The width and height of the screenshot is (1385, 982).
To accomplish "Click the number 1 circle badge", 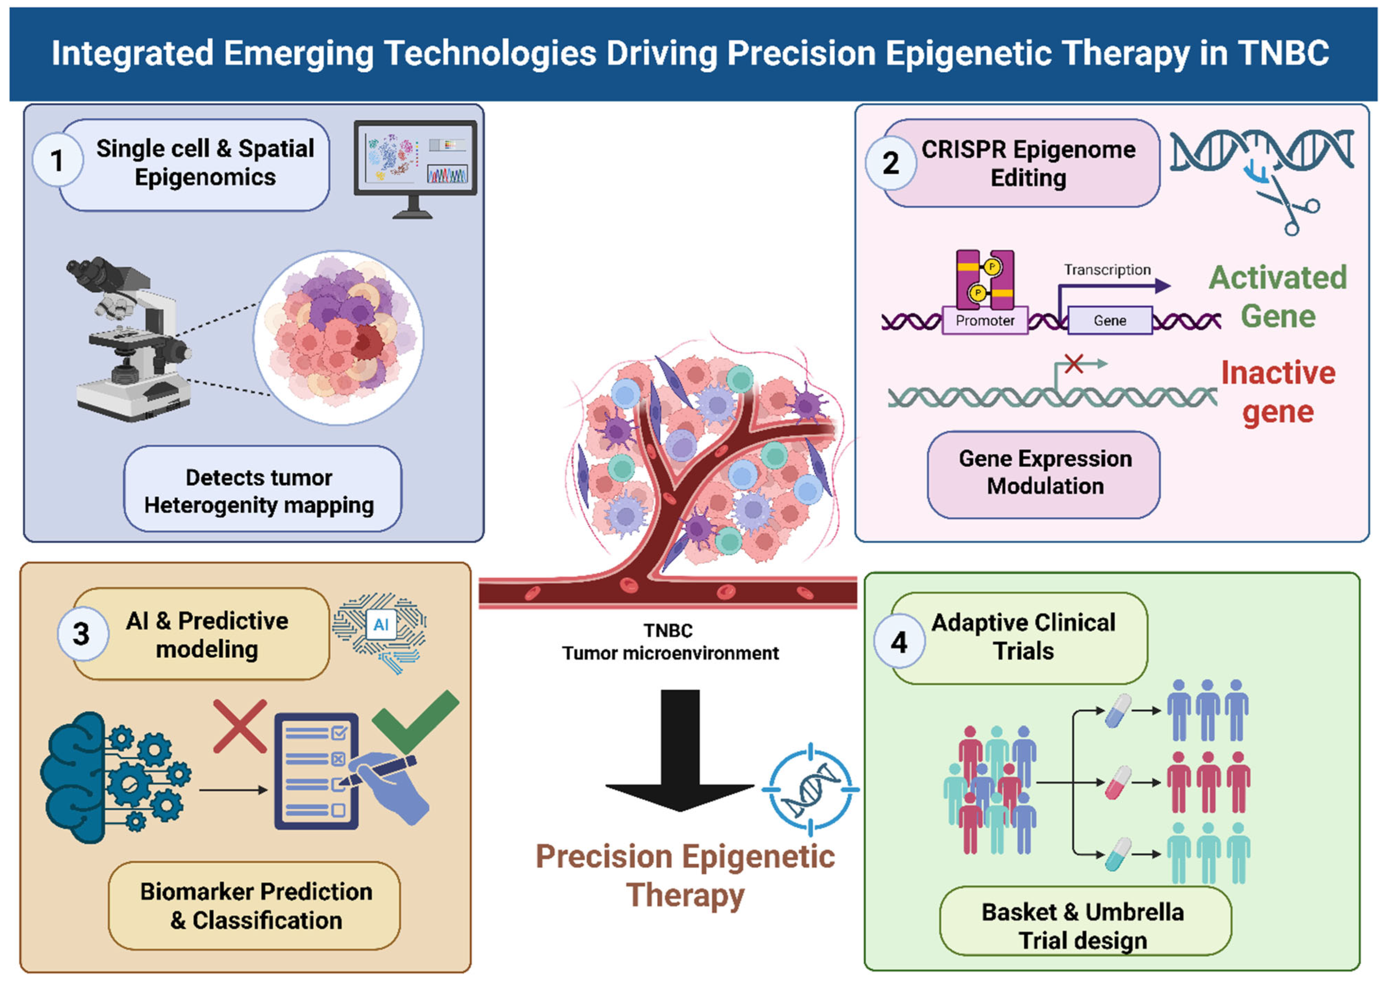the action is pyautogui.click(x=58, y=160).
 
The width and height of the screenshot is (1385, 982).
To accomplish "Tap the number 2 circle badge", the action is pyautogui.click(x=891, y=162).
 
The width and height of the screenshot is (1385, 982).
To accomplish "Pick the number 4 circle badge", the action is pyautogui.click(x=899, y=641).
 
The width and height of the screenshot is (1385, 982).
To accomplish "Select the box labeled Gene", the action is pyautogui.click(x=1110, y=320).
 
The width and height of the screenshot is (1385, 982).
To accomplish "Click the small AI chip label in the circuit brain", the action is pyautogui.click(x=381, y=625).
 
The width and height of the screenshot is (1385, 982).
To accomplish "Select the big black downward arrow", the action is pyautogui.click(x=680, y=750).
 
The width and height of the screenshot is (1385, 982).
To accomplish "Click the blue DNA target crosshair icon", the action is pyautogui.click(x=811, y=789).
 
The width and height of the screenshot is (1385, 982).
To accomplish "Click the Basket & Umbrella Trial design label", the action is pyautogui.click(x=1083, y=926).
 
